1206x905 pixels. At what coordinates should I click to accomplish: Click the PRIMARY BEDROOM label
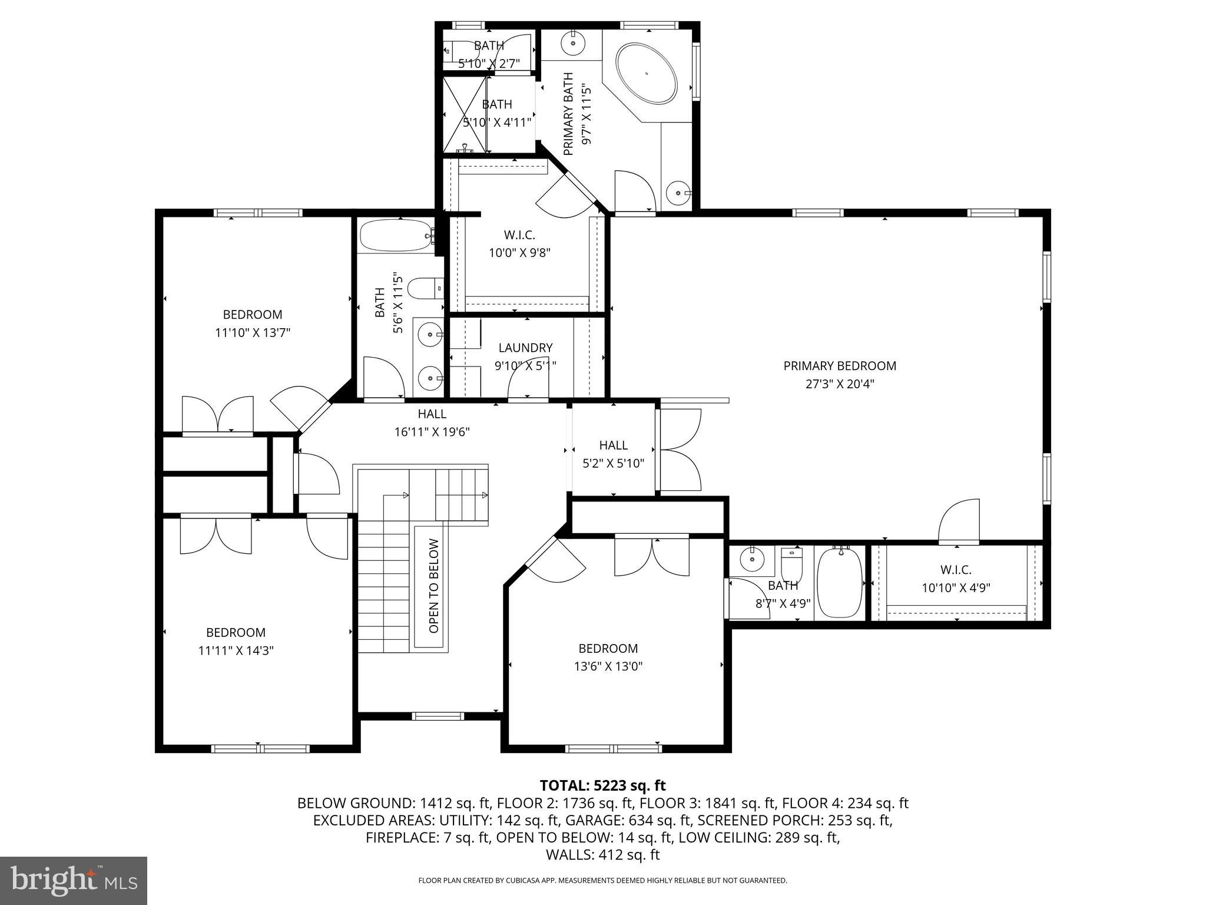[839, 366]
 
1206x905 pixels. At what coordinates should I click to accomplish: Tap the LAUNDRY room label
[525, 348]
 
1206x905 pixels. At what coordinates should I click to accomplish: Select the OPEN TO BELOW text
[434, 586]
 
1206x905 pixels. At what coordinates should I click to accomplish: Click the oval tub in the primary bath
[646, 74]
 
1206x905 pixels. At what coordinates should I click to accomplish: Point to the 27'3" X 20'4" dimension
[839, 384]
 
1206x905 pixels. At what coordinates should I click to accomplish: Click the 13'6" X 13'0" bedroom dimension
[608, 666]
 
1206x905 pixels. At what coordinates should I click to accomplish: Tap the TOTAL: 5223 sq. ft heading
[602, 785]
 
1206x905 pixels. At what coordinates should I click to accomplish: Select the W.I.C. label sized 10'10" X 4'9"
[955, 570]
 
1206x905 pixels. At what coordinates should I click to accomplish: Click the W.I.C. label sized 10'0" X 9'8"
[519, 235]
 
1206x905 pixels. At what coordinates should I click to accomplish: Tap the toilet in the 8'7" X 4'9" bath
[791, 564]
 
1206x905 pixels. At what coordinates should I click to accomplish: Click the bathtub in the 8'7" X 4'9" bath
[840, 582]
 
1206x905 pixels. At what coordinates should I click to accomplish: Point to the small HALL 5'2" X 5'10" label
[613, 445]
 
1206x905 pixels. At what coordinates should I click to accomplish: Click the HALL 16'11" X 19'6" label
[432, 414]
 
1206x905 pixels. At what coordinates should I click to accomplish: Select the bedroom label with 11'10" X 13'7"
[252, 315]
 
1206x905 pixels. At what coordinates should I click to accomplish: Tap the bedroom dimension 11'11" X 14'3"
[236, 650]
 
